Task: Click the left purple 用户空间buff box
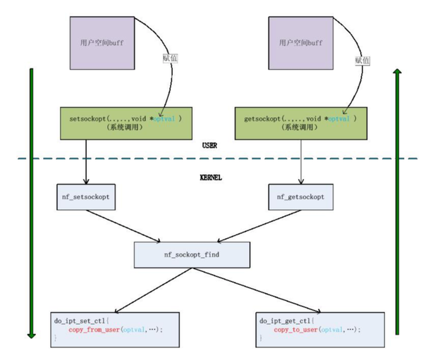101,42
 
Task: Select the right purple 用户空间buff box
300,42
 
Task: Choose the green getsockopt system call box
300,123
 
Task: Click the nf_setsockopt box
86,197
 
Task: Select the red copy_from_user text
94,329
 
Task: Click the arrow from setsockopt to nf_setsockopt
86,162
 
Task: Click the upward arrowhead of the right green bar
398,74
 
